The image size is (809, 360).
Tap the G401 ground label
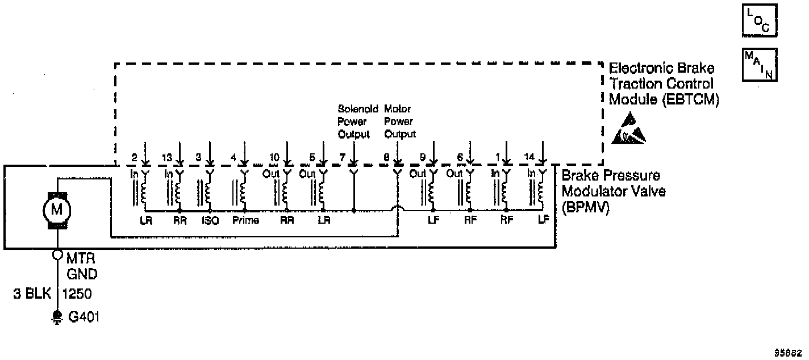click(x=84, y=317)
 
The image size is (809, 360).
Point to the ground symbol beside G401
click(x=57, y=317)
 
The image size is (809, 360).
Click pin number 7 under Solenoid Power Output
click(x=341, y=157)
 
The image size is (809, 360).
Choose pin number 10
click(x=274, y=157)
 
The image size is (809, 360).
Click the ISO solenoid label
click(x=210, y=220)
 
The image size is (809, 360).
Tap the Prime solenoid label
click(x=246, y=220)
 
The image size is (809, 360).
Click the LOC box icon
click(x=760, y=22)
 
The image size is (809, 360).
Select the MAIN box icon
click(x=760, y=64)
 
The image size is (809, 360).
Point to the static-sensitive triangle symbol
click(x=628, y=129)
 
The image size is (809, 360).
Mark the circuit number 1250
click(x=76, y=294)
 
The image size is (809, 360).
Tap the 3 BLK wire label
click(x=32, y=294)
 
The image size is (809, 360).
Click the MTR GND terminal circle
click(x=57, y=254)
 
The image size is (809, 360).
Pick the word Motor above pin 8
click(x=397, y=108)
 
